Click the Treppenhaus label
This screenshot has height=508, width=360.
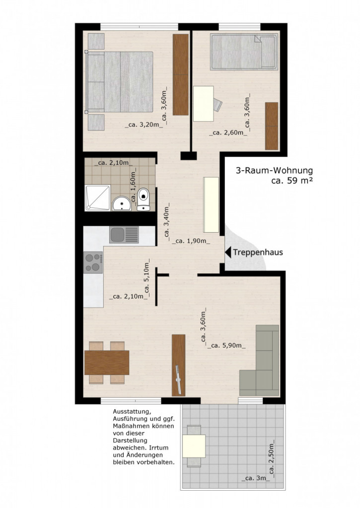pyautogui.click(x=258, y=252)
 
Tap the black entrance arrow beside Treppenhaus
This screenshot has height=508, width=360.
pyautogui.click(x=228, y=252)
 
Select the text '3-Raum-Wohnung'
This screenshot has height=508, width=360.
pyautogui.click(x=274, y=171)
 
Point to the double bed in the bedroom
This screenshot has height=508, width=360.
pyautogui.click(x=119, y=81)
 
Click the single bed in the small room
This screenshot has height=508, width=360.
pyautogui.click(x=243, y=51)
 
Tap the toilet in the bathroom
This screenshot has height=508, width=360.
pyautogui.click(x=144, y=198)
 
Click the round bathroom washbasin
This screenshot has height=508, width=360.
pyautogui.click(x=121, y=203)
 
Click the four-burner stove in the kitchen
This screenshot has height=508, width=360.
pyautogui.click(x=93, y=262)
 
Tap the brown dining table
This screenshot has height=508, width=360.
pyautogui.click(x=107, y=363)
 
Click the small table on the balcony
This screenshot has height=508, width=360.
pyautogui.click(x=194, y=445)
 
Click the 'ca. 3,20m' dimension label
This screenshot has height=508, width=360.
pyautogui.click(x=144, y=125)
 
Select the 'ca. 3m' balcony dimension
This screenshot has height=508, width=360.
pyautogui.click(x=256, y=479)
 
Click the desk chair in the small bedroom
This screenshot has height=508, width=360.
pyautogui.click(x=218, y=105)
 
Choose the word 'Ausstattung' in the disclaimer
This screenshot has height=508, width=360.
pyautogui.click(x=130, y=412)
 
